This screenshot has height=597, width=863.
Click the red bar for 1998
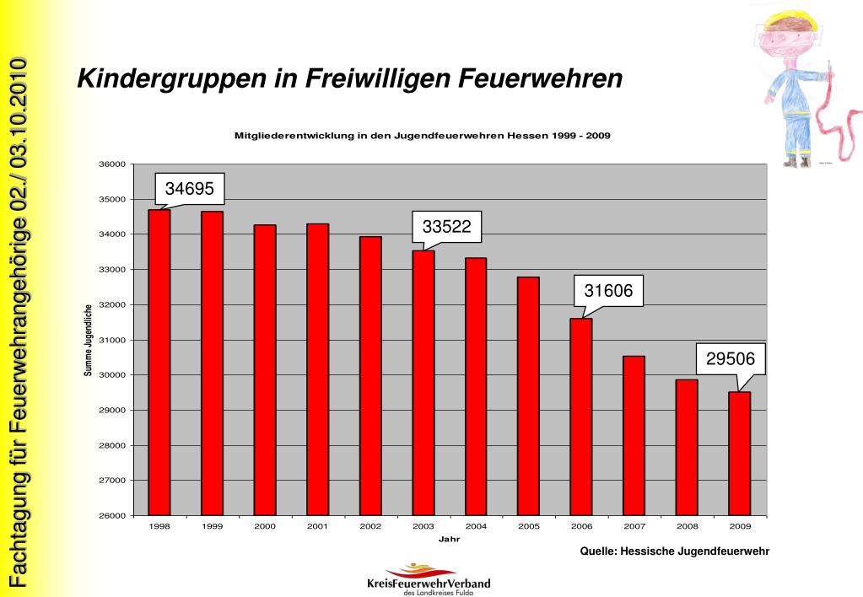(x=159, y=363)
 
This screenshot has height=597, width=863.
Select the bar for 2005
(x=528, y=396)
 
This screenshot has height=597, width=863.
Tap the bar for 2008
(x=687, y=447)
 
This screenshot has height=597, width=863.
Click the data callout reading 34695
(x=189, y=189)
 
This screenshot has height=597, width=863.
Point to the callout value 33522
(x=446, y=225)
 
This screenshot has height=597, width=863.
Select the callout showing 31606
(x=608, y=292)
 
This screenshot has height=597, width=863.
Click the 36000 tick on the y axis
(x=112, y=164)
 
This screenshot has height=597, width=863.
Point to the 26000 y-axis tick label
(x=112, y=516)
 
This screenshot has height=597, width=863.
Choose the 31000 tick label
(x=112, y=340)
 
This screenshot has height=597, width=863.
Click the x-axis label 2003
(x=423, y=525)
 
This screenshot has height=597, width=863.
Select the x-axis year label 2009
(x=741, y=525)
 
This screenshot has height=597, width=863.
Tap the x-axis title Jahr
(x=450, y=539)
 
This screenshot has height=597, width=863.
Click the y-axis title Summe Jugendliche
(x=89, y=340)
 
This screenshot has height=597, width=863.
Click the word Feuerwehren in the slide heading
(x=540, y=79)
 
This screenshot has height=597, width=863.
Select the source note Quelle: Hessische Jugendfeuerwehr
(x=675, y=551)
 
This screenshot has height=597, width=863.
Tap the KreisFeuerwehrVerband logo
(x=429, y=579)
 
